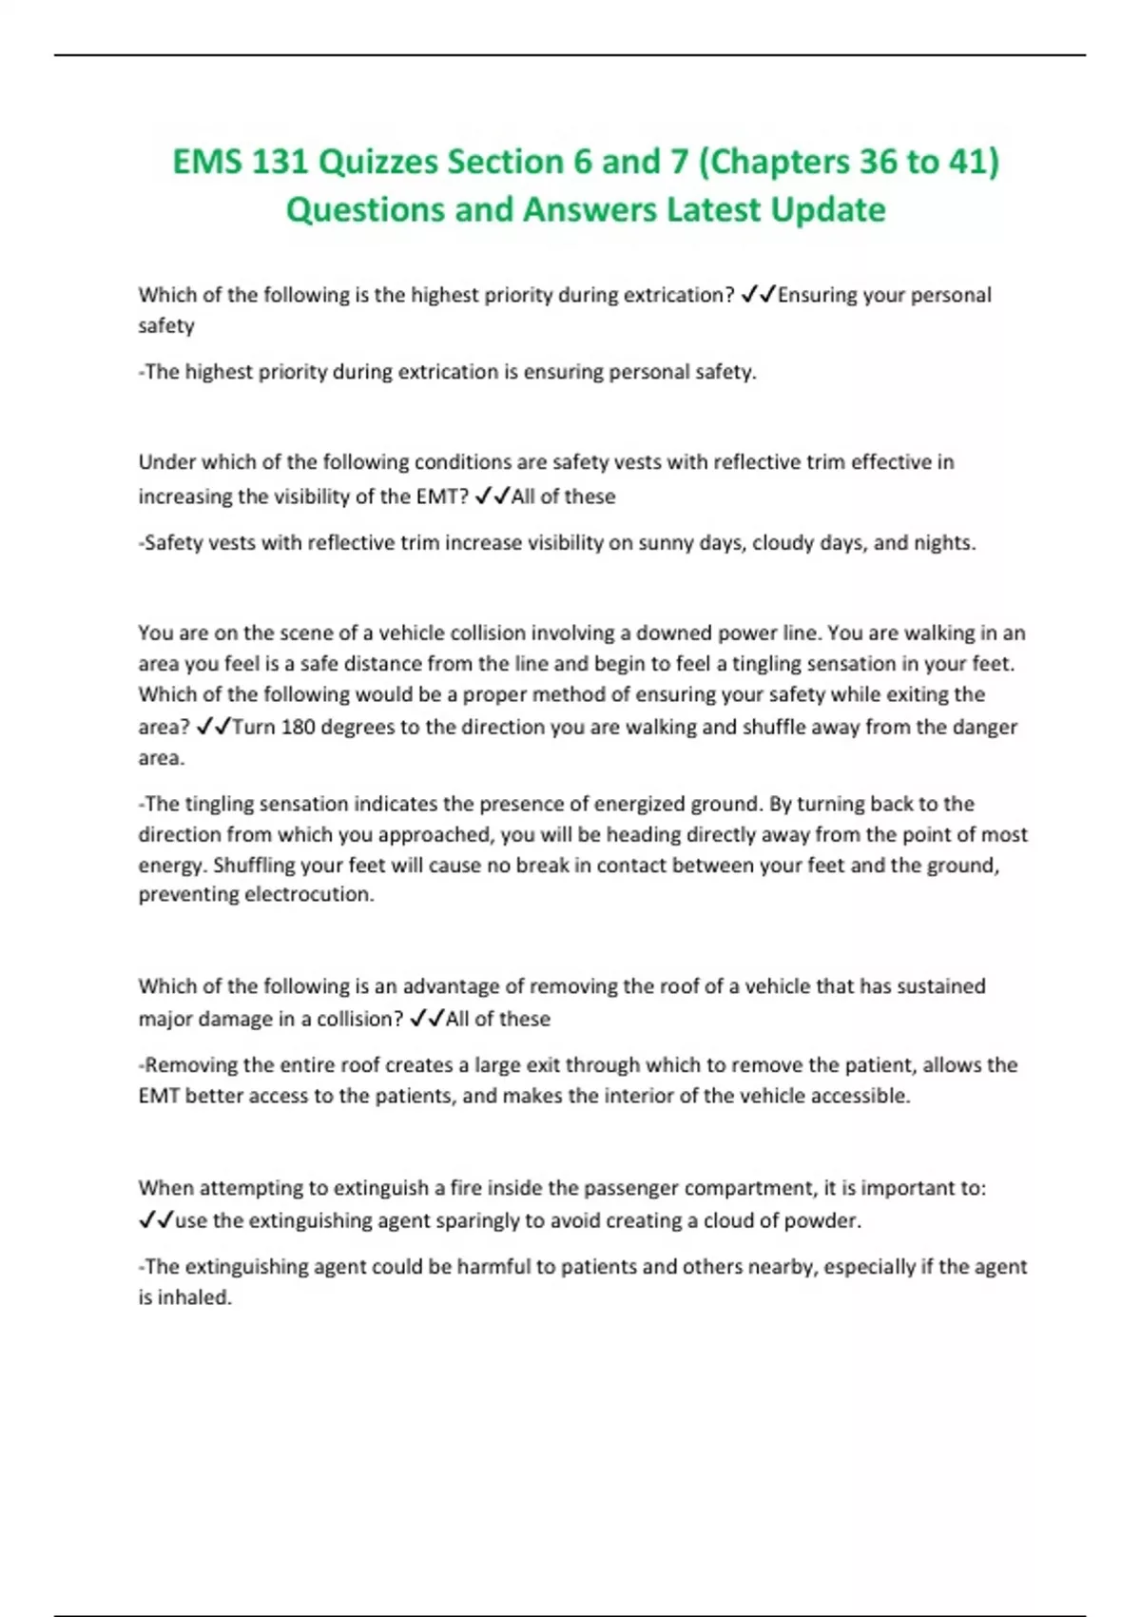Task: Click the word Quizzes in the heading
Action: coord(377,162)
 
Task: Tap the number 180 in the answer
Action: coord(299,728)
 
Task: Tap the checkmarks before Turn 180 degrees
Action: coord(213,728)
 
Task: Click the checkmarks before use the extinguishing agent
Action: coord(156,1220)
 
